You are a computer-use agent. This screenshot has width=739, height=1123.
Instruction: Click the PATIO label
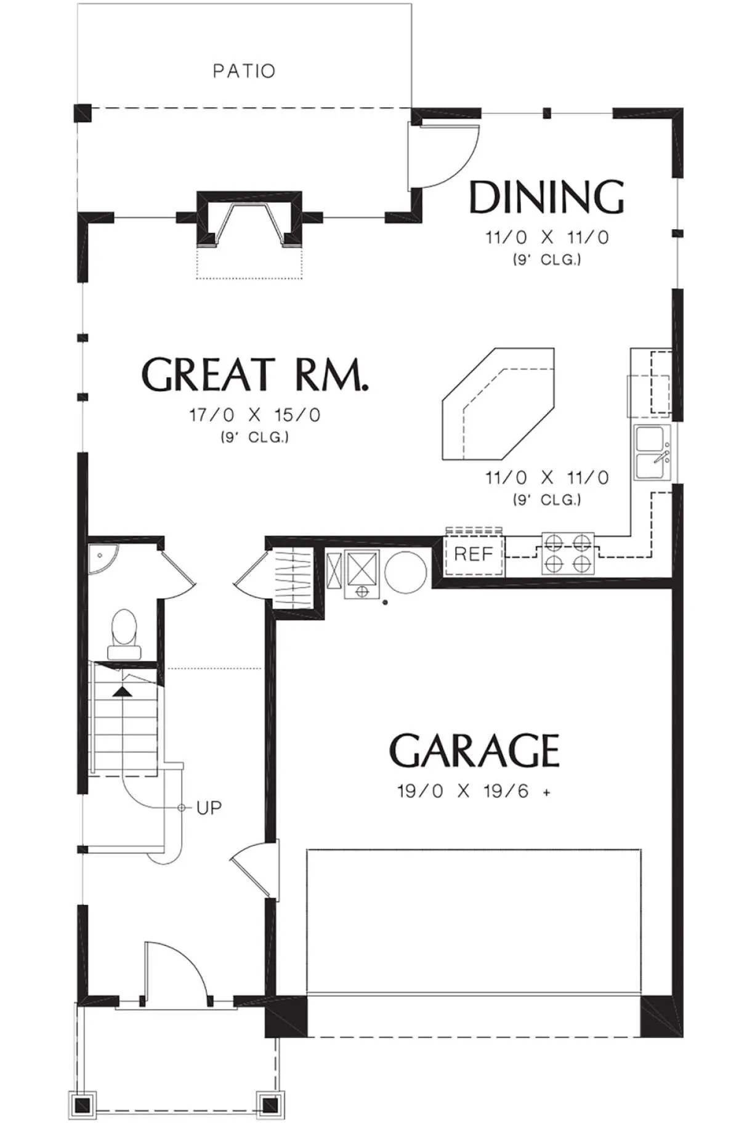click(x=244, y=71)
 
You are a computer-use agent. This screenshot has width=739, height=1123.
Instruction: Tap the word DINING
click(x=547, y=197)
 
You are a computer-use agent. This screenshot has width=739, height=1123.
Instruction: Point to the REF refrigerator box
click(x=474, y=554)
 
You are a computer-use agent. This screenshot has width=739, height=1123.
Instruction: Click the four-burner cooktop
click(x=568, y=553)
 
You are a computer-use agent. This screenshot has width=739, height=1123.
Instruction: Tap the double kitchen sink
click(x=652, y=452)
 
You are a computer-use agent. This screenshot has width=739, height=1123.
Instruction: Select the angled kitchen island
click(x=498, y=404)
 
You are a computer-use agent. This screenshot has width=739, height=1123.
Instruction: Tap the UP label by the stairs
click(x=209, y=808)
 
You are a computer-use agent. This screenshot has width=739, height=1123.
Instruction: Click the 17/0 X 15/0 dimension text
click(x=255, y=415)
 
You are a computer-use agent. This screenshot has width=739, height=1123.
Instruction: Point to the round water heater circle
click(x=405, y=572)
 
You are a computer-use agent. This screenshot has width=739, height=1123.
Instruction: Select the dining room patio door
click(x=444, y=155)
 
